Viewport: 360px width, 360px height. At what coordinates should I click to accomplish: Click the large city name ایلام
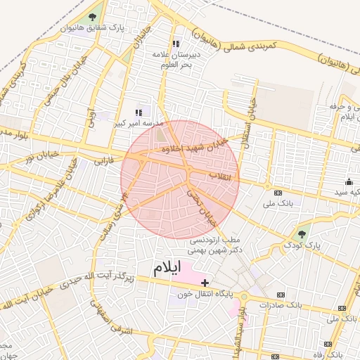[x=167, y=267]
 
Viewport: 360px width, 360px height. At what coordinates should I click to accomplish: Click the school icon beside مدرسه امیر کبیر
[x=139, y=112]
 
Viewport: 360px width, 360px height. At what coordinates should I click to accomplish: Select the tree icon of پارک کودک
[x=302, y=234]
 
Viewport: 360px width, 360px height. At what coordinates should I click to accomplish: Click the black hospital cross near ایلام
[x=205, y=283]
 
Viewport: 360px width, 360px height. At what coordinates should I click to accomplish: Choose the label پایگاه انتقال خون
[x=208, y=295]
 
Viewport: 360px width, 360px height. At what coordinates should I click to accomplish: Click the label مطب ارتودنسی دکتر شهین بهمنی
[x=215, y=244]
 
